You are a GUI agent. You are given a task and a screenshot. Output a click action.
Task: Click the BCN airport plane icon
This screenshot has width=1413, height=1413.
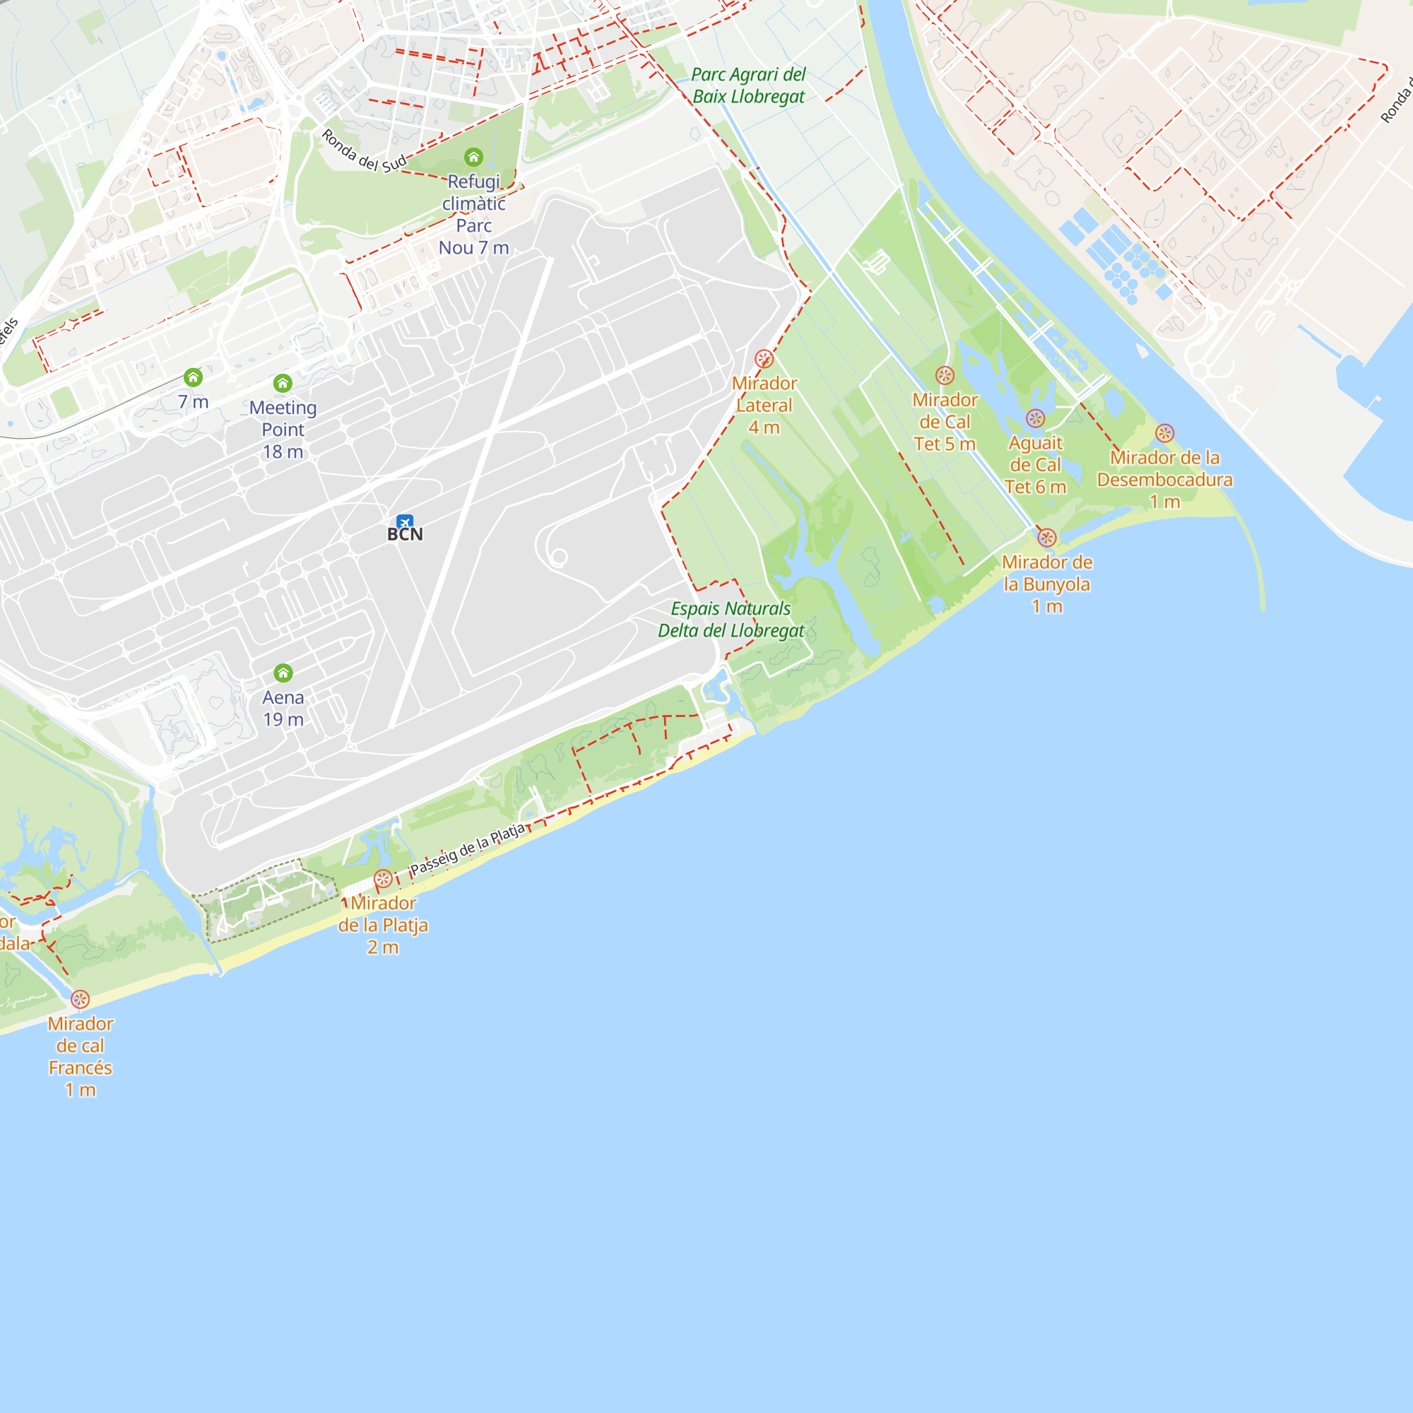404,521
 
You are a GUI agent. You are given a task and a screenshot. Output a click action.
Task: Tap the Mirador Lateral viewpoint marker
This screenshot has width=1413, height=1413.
764,358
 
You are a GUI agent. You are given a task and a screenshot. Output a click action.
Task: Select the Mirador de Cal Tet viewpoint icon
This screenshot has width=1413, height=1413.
945,376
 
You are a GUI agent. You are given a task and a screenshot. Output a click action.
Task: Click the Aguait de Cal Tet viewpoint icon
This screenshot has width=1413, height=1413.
1035,418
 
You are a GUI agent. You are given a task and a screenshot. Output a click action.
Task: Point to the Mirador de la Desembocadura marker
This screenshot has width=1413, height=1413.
1164,433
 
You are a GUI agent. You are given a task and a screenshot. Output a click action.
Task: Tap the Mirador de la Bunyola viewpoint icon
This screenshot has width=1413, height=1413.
1046,538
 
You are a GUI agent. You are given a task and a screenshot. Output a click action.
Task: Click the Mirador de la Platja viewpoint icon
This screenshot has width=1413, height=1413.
382,878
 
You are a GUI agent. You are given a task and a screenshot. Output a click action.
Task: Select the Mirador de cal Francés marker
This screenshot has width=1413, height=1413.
81,999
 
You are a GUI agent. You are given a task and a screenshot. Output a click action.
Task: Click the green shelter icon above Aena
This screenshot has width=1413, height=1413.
283,673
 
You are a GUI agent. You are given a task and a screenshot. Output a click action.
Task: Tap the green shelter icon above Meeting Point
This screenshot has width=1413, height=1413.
283,383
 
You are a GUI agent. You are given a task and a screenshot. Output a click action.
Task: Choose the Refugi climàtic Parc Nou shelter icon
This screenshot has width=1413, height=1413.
474,158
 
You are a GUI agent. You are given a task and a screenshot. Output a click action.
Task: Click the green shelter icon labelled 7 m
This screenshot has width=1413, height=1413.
193,377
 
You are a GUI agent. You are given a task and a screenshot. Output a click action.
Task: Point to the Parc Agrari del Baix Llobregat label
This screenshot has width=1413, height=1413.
748,85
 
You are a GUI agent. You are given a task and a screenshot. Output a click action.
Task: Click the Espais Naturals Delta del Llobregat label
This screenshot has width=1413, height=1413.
731,620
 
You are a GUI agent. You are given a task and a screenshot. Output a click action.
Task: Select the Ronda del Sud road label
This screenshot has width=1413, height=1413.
363,151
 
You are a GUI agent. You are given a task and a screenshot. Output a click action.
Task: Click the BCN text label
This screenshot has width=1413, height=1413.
405,535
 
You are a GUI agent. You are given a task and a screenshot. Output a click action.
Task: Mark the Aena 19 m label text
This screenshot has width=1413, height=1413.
283,708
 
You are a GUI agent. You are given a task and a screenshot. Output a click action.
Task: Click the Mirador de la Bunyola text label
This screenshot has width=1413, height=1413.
1046,584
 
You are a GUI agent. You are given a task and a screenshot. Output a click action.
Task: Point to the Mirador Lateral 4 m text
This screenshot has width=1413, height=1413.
764,405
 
